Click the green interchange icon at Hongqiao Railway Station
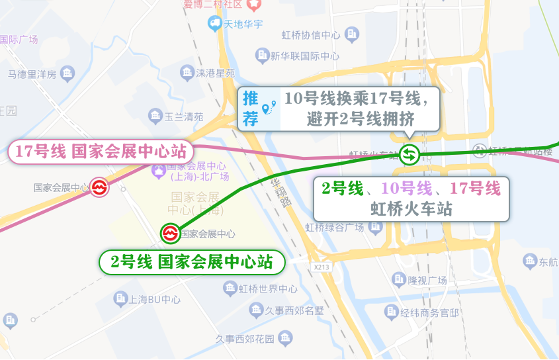click(409, 155)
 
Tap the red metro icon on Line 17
click(99, 187)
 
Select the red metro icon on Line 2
click(169, 233)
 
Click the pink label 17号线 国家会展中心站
click(101, 152)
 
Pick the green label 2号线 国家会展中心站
click(192, 262)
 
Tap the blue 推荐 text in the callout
click(251, 109)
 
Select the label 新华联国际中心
click(305, 56)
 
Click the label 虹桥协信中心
click(311, 35)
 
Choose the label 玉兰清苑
click(183, 117)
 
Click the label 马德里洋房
click(32, 74)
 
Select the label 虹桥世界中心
click(267, 289)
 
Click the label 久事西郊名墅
click(294, 310)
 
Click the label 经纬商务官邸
click(430, 312)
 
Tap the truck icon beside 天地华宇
click(214, 24)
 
